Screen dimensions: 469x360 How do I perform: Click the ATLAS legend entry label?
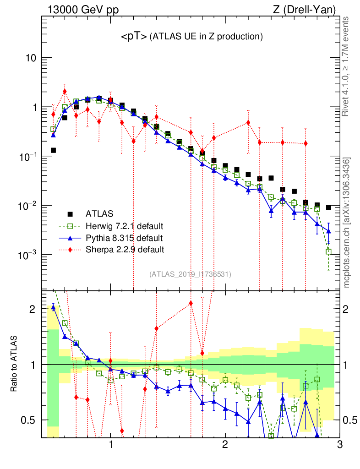pyautogui.click(x=99, y=213)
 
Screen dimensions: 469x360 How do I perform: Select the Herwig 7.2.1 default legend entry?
pyautogui.click(x=125, y=226)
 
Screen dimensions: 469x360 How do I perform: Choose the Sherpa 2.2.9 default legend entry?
pyautogui.click(x=125, y=250)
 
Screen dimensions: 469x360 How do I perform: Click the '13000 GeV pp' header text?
pyautogui.click(x=79, y=9)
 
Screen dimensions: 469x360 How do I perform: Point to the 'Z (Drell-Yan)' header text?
pyautogui.click(x=309, y=9)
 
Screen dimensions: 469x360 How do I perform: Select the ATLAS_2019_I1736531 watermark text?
pyautogui.click(x=190, y=274)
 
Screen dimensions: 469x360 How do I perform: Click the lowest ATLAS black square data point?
pyautogui.click(x=328, y=207)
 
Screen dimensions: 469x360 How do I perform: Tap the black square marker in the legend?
pyautogui.click(x=70, y=213)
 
